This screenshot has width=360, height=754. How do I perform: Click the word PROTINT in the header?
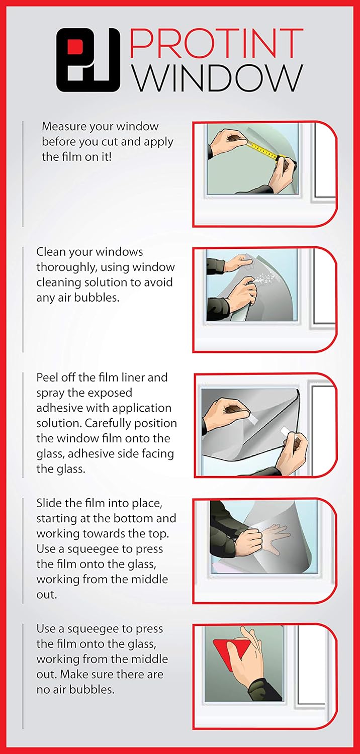(216, 43)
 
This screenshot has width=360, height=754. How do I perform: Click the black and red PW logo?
(88, 60)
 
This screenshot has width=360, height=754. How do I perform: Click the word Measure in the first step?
(64, 127)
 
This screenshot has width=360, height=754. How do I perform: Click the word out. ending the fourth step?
(47, 595)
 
